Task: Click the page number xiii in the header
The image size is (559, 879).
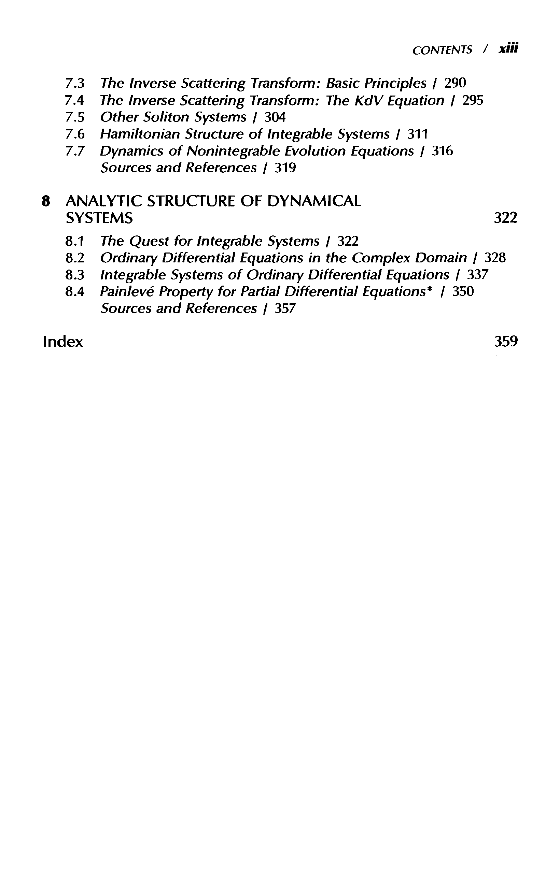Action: coord(508,49)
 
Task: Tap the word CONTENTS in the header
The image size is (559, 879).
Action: coord(442,51)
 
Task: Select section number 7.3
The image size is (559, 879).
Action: coord(75,84)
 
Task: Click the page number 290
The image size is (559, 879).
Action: coord(455,83)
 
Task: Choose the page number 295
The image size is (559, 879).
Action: coord(473,100)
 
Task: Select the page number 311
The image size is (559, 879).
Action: coord(418,134)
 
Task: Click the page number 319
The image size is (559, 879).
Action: coord(285,168)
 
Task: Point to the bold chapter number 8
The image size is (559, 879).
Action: coord(45,202)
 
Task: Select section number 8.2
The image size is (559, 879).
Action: coord(75,258)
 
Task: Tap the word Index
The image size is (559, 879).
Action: coord(62,342)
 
